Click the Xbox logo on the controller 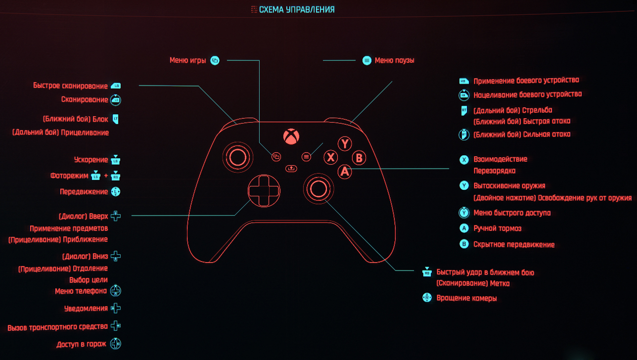pos(291,136)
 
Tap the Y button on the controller pos(345,144)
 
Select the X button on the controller pos(330,158)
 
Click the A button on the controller pos(345,172)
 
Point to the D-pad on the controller pos(264,190)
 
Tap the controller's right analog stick pos(318,187)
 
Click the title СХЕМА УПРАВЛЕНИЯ pos(297,9)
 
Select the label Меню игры pos(188,60)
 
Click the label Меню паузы pos(394,60)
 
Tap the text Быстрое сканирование pos(70,86)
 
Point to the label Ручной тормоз pos(497,228)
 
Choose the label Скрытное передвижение pos(514,244)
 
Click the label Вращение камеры pos(466,298)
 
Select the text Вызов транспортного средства pos(57,327)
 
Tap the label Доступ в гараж pos(81,344)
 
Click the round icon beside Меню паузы pos(366,60)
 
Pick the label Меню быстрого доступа pos(512,213)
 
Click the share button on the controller pos(291,168)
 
